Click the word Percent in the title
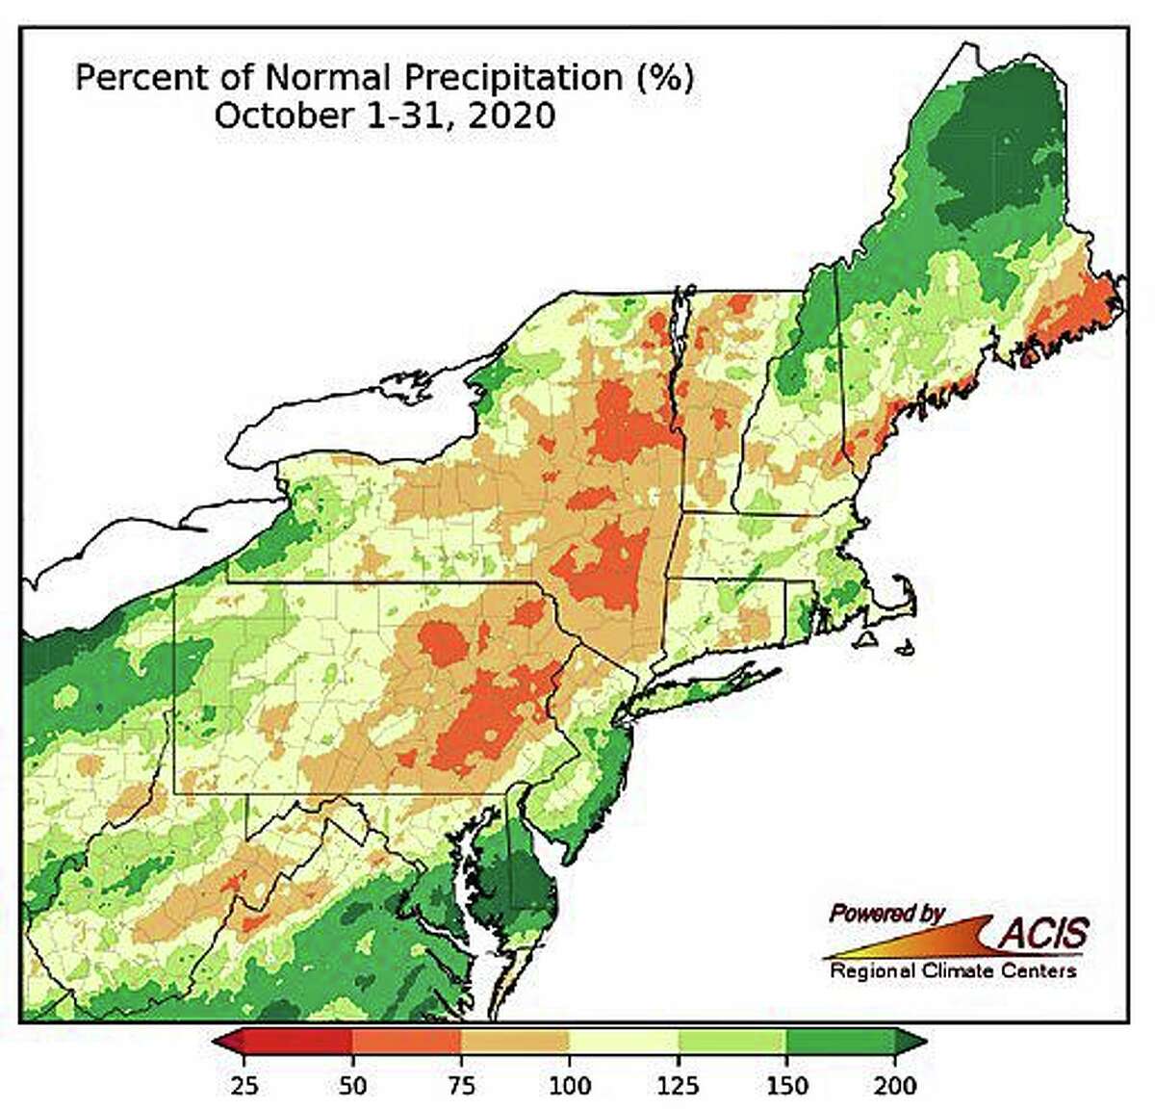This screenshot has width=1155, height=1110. tap(130, 78)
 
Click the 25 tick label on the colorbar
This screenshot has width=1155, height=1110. tap(244, 1085)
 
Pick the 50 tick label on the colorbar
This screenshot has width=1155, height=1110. tap(353, 1085)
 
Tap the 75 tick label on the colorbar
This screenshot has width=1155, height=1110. tap(462, 1085)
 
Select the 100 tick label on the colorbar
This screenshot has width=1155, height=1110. tap(570, 1085)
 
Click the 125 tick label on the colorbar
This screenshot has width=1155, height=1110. tap(679, 1085)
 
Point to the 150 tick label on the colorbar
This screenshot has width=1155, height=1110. tap(787, 1085)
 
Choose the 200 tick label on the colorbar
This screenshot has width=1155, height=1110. tap(895, 1085)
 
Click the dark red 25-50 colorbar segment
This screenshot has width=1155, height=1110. tap(298, 1042)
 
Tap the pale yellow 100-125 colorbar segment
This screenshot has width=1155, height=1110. tap(624, 1042)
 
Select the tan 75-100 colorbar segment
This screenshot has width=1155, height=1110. tap(516, 1042)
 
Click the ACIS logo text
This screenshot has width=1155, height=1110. tap(1043, 932)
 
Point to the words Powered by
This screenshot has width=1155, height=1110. tap(886, 913)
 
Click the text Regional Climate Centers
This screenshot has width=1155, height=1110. tap(953, 970)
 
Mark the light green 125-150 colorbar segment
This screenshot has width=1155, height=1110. tap(732, 1042)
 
